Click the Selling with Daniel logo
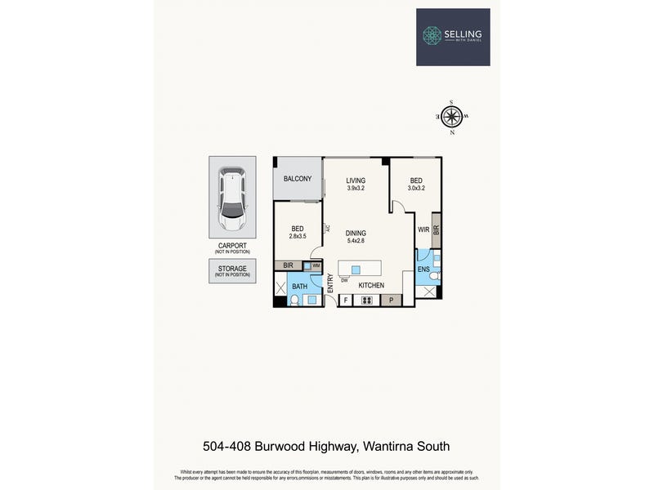[x=452, y=36]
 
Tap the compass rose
[x=451, y=116]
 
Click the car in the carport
[x=232, y=199]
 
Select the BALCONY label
[x=298, y=179]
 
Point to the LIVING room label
[x=355, y=180]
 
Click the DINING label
[x=355, y=233]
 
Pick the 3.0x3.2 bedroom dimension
[x=416, y=189]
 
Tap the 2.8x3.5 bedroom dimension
[x=298, y=236]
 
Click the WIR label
[x=423, y=230]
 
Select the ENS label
[x=423, y=268]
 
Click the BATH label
[x=300, y=286]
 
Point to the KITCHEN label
[x=371, y=285]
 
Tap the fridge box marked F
[x=346, y=301]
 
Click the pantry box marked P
[x=391, y=301]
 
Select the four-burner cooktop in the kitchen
[x=367, y=301]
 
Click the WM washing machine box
[x=314, y=266]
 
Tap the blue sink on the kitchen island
[x=356, y=269]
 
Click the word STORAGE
[x=232, y=267]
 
